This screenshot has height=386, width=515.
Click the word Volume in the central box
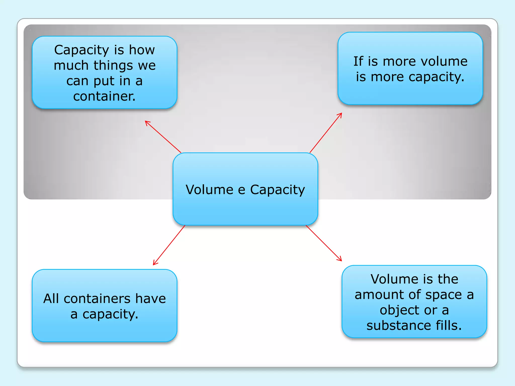pos(209,190)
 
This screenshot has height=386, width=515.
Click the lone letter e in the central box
pos(241,190)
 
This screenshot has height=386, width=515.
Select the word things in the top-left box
pos(113,66)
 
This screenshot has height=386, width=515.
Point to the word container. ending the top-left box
pos(104,96)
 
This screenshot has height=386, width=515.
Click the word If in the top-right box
pos(358,61)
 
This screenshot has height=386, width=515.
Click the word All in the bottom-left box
pos(51,299)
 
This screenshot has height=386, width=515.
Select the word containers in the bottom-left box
pos(97,299)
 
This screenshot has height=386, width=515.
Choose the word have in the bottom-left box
pos(151,299)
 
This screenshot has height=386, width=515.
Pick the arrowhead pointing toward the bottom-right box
pos(340,260)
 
